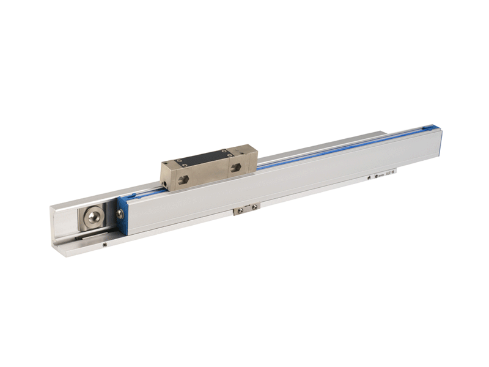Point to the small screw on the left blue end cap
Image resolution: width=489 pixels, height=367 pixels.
pyautogui.click(x=120, y=213)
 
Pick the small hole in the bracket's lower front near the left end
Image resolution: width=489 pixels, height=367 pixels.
pyautogui.click(x=106, y=245)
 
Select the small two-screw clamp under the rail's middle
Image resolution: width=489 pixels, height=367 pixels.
pyautogui.click(x=246, y=209)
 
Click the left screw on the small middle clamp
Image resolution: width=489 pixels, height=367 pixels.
pyautogui.click(x=240, y=211)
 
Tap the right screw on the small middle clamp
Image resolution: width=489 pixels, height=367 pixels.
pyautogui.click(x=252, y=208)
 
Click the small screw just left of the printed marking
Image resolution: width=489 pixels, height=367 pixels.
pyautogui.click(x=369, y=178)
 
